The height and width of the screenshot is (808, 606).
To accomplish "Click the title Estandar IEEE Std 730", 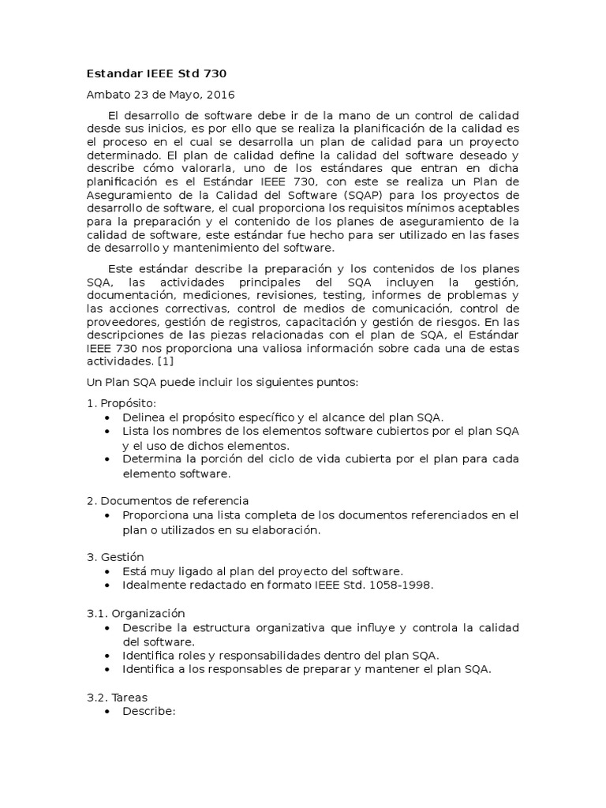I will click(155, 74).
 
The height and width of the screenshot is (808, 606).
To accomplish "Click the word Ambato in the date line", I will click(107, 95).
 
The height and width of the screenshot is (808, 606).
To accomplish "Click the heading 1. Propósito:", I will click(116, 403).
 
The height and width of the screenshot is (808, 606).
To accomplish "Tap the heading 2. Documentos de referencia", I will click(167, 500).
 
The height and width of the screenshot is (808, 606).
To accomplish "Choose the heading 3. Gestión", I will click(115, 556).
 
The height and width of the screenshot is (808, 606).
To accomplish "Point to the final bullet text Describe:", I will click(148, 710).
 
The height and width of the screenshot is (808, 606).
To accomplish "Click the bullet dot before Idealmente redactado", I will click(107, 585).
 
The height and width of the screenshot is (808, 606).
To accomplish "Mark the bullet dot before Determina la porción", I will click(107, 459).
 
